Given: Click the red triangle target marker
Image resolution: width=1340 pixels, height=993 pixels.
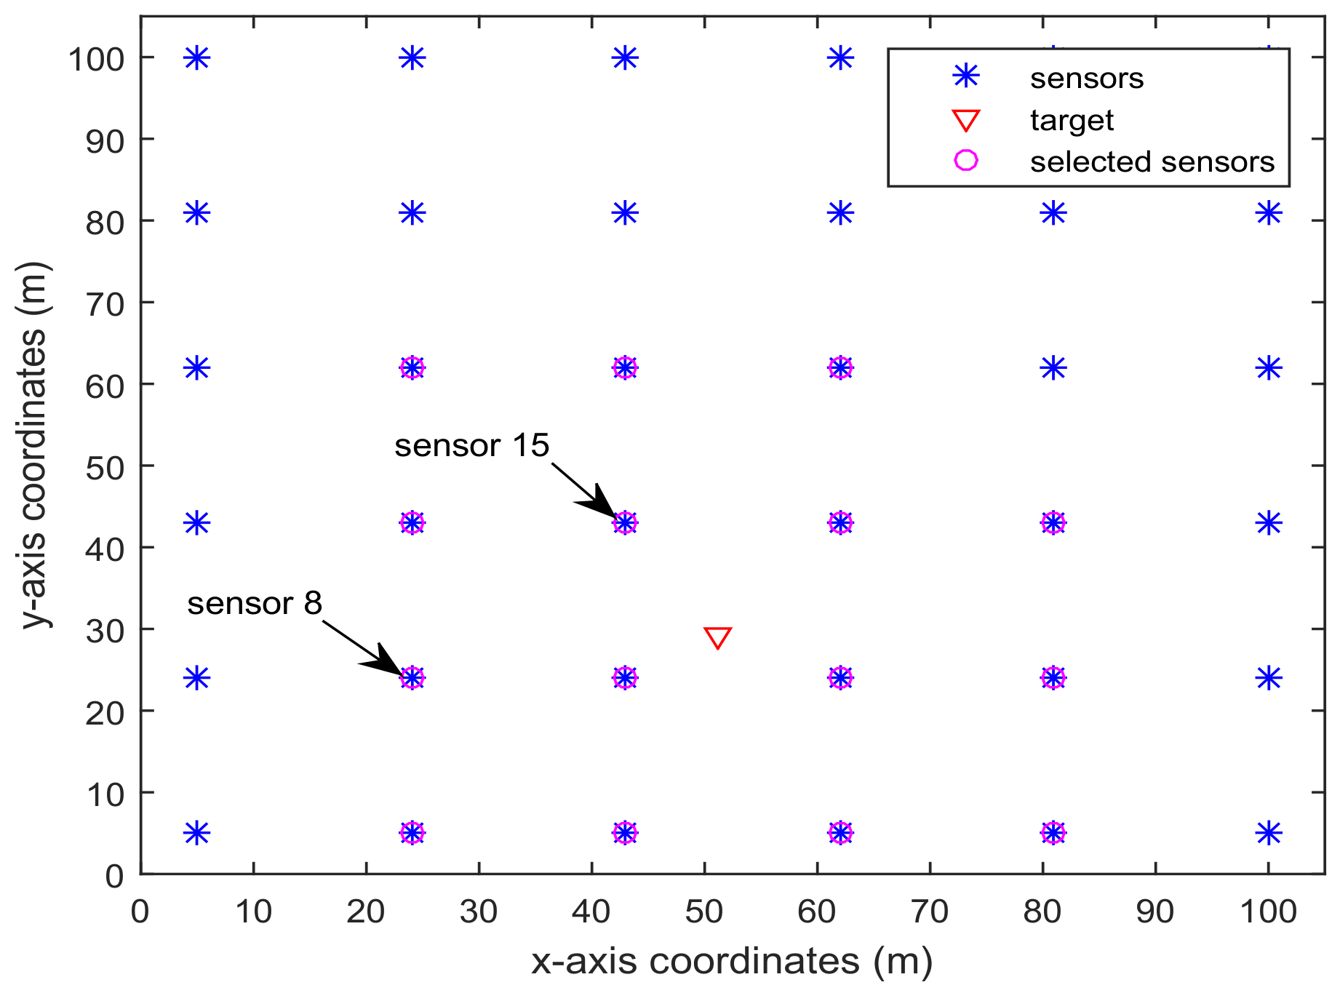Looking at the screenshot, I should point(717,637).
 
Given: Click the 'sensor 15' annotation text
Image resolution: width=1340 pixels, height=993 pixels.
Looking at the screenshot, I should point(471,445).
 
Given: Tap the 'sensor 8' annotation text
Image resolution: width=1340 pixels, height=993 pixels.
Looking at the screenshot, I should point(255,603).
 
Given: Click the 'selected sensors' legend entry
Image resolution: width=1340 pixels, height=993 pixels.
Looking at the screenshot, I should point(1152,161).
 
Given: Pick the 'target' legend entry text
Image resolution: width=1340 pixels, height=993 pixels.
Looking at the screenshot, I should point(1071,120).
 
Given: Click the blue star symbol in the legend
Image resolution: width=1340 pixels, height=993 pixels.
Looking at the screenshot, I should point(965,77).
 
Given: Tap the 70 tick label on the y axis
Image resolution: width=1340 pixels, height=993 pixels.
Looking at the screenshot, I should point(105,303).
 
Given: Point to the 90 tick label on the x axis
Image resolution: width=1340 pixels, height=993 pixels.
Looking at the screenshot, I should point(1155,911).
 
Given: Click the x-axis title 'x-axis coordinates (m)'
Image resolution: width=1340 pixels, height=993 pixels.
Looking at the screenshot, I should point(731,961).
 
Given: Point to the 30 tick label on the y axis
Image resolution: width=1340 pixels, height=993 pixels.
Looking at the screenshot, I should point(105,630).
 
